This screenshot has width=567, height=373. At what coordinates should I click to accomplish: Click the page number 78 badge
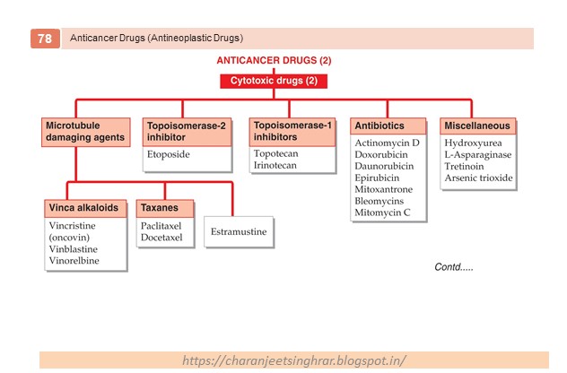(x=43, y=39)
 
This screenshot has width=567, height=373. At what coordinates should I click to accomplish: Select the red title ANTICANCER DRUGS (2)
(x=274, y=61)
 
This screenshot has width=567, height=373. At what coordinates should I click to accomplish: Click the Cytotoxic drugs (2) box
(x=274, y=81)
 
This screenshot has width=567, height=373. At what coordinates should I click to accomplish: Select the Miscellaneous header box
(x=477, y=126)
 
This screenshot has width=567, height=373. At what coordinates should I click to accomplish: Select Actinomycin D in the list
(x=388, y=143)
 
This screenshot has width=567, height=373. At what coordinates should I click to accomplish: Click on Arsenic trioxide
(x=479, y=178)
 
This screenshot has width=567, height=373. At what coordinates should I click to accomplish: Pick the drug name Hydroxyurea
(x=473, y=143)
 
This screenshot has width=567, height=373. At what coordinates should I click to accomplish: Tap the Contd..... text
(x=453, y=267)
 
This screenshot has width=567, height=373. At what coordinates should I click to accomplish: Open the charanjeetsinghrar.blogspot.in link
(x=293, y=360)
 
